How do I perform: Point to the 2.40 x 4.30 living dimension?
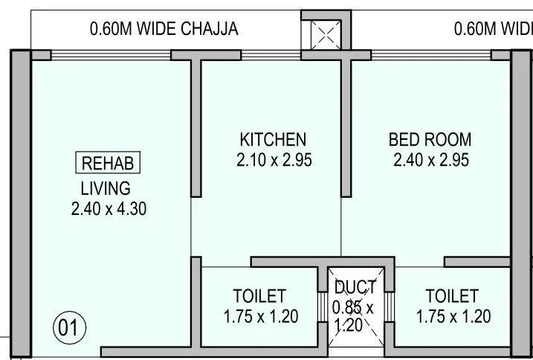(109, 209)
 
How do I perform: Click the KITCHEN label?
(272, 139)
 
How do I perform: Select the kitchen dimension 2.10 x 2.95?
(272, 160)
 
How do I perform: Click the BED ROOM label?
(430, 139)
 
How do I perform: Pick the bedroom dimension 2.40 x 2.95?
(430, 160)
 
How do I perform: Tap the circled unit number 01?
(69, 328)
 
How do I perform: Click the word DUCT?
(355, 288)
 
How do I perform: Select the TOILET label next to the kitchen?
(259, 296)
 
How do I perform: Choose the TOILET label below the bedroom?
(452, 296)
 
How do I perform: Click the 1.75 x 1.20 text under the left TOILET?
(261, 317)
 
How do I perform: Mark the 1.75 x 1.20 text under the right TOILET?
(453, 317)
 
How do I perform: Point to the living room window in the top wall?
(112, 54)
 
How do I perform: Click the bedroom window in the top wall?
(431, 54)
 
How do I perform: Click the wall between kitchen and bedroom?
(346, 126)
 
